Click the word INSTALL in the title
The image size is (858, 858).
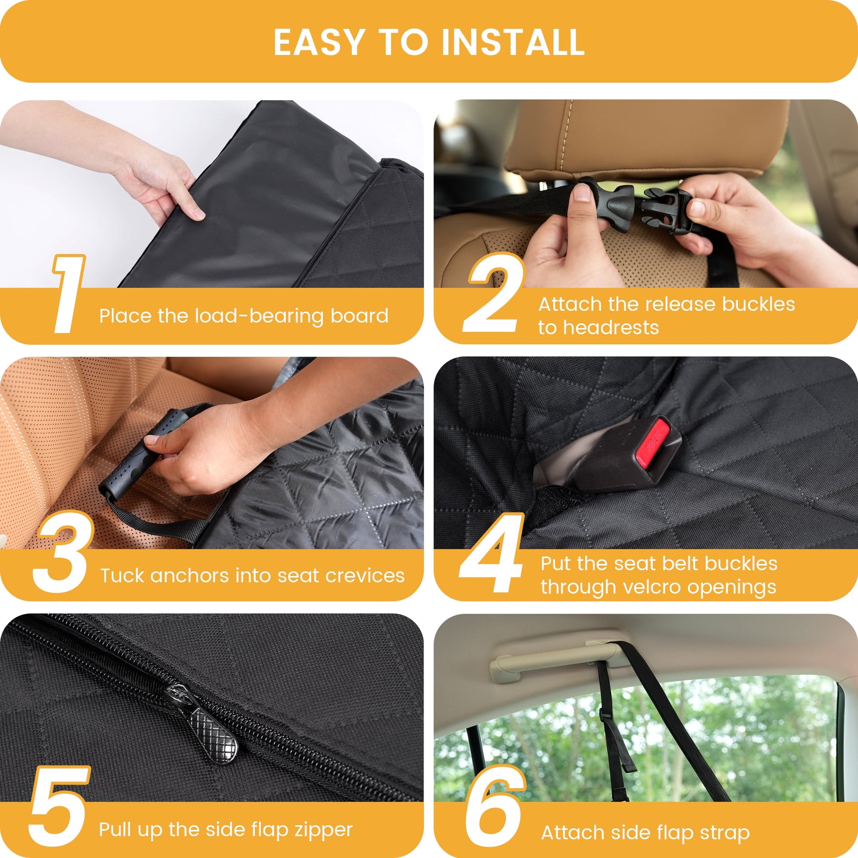[x=513, y=42]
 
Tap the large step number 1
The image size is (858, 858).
[x=68, y=294]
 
